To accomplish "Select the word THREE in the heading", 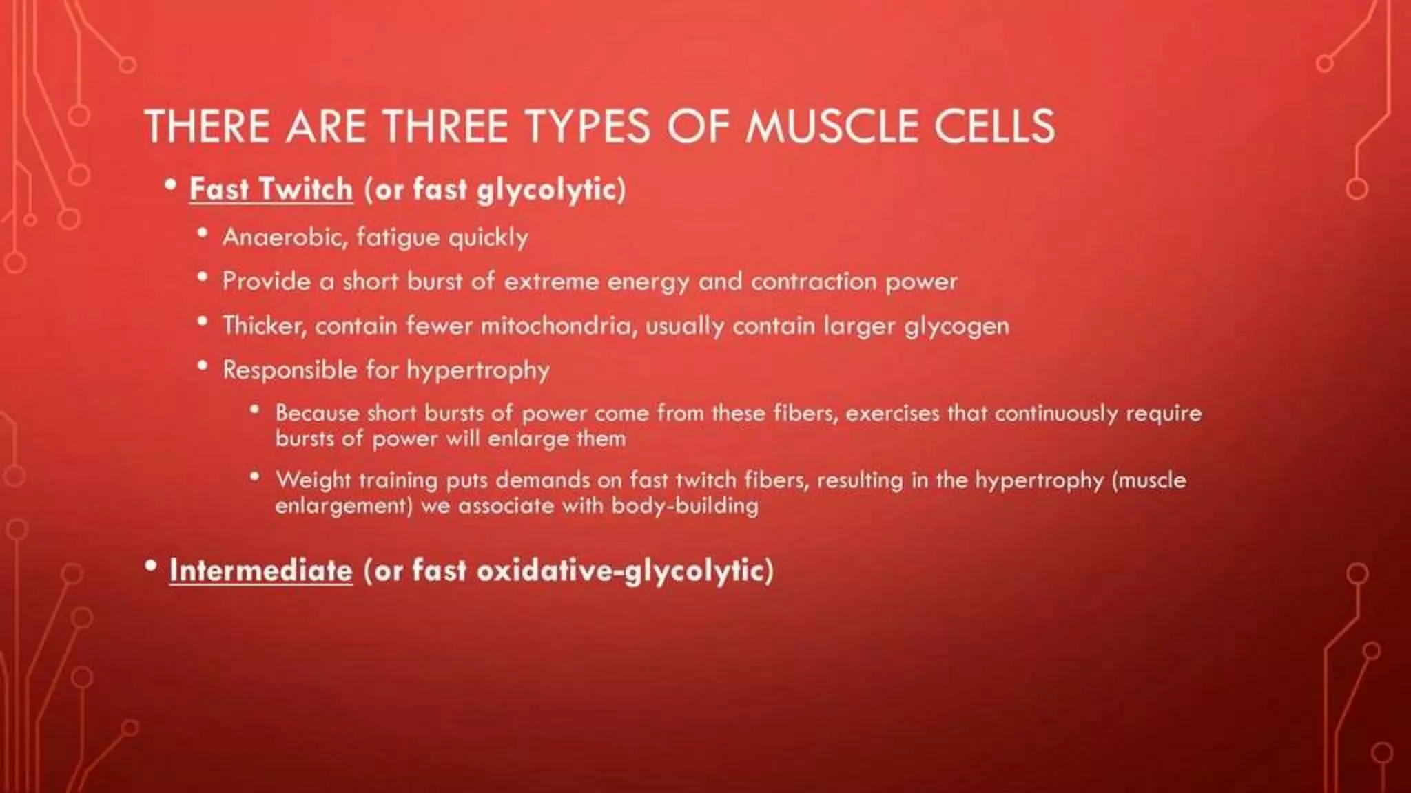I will (x=445, y=127).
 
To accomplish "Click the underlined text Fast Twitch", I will (x=271, y=189).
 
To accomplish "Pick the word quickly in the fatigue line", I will (x=488, y=238).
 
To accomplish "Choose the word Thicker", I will (x=264, y=326).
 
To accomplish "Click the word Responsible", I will (x=289, y=370).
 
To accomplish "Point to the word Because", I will (x=317, y=413).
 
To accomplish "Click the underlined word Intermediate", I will (x=260, y=571).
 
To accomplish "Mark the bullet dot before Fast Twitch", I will (x=171, y=185).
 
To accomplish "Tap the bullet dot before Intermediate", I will (x=151, y=567).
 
